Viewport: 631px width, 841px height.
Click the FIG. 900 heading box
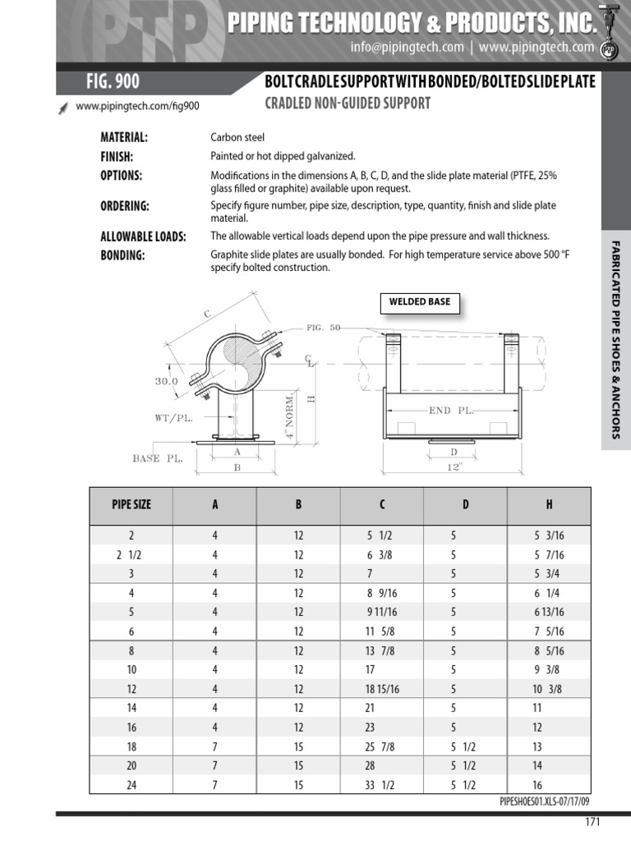tap(113, 81)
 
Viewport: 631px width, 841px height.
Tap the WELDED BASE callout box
tap(418, 302)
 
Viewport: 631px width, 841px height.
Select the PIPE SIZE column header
tap(131, 504)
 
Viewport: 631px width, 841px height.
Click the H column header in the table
tap(548, 504)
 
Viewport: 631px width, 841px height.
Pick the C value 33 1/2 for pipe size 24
tap(380, 784)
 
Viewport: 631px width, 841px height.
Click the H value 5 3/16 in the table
tap(549, 535)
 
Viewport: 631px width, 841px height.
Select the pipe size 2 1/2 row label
tap(131, 554)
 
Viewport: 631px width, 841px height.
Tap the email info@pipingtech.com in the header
tap(407, 48)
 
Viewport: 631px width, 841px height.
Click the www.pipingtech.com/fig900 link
tap(137, 106)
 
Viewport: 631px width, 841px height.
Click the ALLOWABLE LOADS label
tap(143, 237)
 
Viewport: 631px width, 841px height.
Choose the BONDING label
tap(122, 255)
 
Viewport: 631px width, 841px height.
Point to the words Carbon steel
tap(237, 137)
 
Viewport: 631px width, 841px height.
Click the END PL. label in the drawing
tap(451, 409)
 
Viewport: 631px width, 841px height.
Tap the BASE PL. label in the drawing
tap(158, 458)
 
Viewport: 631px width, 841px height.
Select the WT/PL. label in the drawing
tap(173, 417)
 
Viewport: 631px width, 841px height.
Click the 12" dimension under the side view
tap(455, 466)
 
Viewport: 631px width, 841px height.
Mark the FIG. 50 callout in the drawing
tap(323, 327)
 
